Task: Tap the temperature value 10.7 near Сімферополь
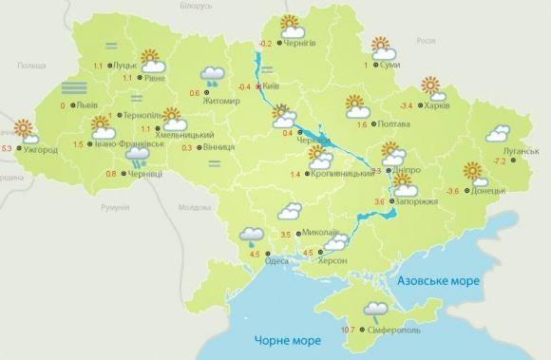click(x=348, y=330)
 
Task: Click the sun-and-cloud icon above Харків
click(x=433, y=88)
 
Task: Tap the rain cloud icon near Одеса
click(x=252, y=234)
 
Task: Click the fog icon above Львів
click(x=74, y=89)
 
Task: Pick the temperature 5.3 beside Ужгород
click(x=9, y=148)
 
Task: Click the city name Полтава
click(x=398, y=123)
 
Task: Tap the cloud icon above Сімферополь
click(x=375, y=309)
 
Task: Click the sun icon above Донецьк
click(x=473, y=173)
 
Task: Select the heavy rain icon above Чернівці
click(x=139, y=156)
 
